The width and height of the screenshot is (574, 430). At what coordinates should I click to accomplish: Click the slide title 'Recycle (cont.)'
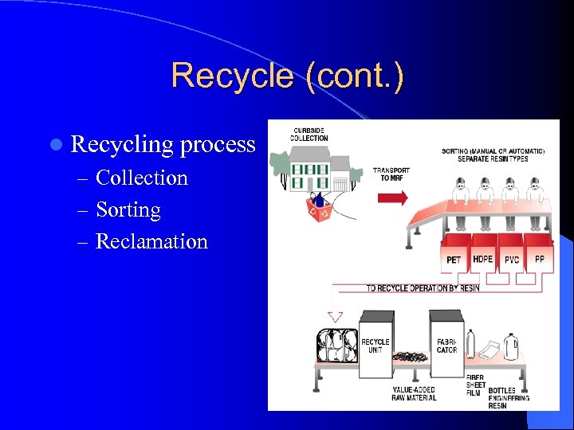pos(287,76)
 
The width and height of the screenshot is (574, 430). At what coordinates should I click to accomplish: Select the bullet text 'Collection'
pos(142,178)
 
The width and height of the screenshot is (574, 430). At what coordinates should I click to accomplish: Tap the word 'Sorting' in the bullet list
pos(128,209)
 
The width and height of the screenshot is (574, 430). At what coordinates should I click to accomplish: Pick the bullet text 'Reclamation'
pos(151,241)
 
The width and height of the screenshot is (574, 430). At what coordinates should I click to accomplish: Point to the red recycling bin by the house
pos(321,210)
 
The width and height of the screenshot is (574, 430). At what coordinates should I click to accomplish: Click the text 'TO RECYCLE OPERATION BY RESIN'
pos(423,288)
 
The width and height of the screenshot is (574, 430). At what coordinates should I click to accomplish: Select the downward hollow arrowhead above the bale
pos(336,315)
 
